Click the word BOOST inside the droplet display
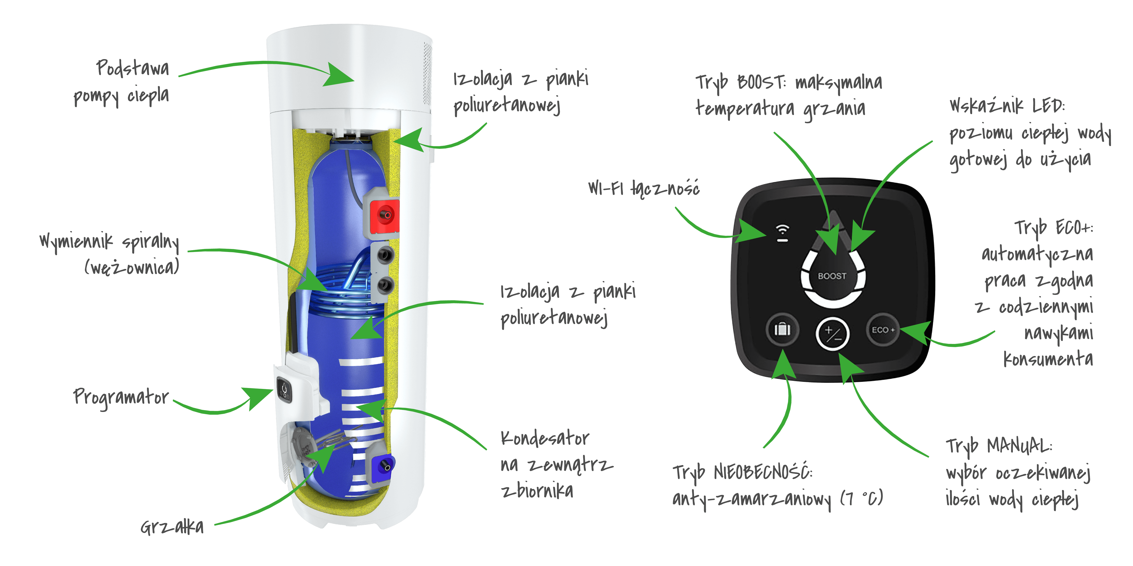pyautogui.click(x=832, y=276)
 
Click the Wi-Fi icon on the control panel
pyautogui.click(x=782, y=233)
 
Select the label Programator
pyautogui.click(x=121, y=398)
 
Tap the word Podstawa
pyautogui.click(x=132, y=68)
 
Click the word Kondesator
pyautogui.click(x=545, y=438)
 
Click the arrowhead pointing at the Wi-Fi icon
pyautogui.click(x=752, y=231)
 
